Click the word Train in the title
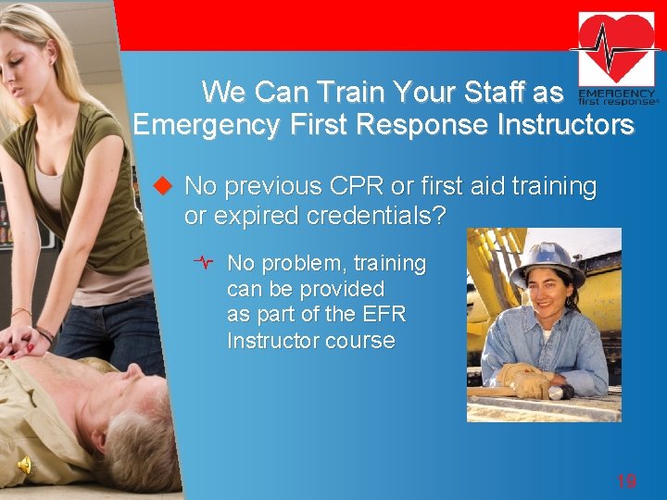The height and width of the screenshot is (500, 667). pos(347,92)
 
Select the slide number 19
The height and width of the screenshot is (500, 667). pos(626,480)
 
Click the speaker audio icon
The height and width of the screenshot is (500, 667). pos(24,465)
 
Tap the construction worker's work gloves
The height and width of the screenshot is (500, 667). pos(525,379)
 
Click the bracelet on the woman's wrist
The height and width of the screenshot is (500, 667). pos(44,332)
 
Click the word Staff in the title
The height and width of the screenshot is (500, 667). pos(491,92)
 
